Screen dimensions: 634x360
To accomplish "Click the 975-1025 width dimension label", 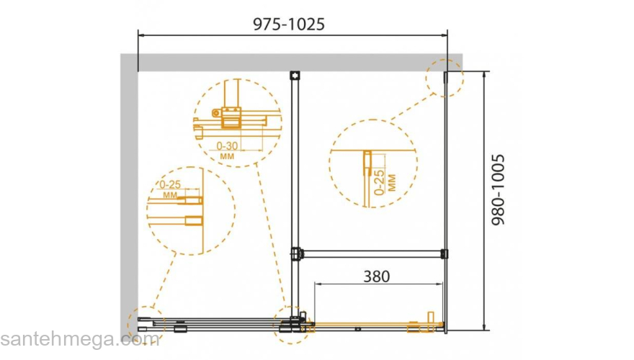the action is click(x=289, y=24).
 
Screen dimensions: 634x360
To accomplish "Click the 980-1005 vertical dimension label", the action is click(x=499, y=189).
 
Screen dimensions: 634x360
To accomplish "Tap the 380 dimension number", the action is click(x=376, y=276).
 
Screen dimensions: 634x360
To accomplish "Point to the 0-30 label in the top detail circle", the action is click(x=227, y=146).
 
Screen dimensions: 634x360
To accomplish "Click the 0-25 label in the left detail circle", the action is click(x=170, y=184).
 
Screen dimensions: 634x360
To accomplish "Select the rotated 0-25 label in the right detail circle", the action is click(x=379, y=182).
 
